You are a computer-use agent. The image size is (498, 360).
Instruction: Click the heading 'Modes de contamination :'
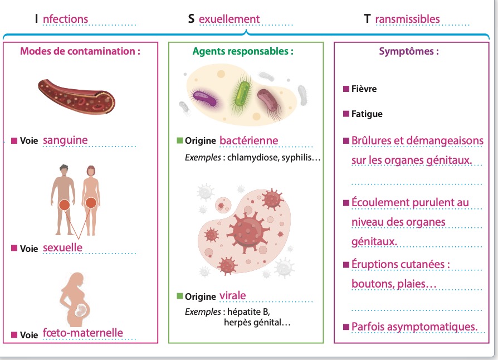click(80, 51)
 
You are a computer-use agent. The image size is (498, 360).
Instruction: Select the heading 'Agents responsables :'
click(243, 51)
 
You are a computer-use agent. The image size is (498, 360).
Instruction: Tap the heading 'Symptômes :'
click(408, 51)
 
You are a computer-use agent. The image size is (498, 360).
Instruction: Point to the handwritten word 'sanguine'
click(65, 140)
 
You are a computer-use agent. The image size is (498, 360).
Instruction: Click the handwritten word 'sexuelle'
click(62, 247)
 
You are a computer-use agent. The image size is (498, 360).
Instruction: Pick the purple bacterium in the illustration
click(204, 98)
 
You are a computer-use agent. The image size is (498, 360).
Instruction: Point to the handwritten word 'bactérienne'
click(248, 140)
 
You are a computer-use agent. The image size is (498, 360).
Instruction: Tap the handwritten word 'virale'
click(232, 295)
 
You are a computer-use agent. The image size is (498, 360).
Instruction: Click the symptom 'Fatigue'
click(367, 114)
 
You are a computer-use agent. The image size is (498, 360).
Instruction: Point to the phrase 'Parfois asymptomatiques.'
click(414, 326)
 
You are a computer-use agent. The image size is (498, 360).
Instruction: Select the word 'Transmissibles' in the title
click(407, 19)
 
